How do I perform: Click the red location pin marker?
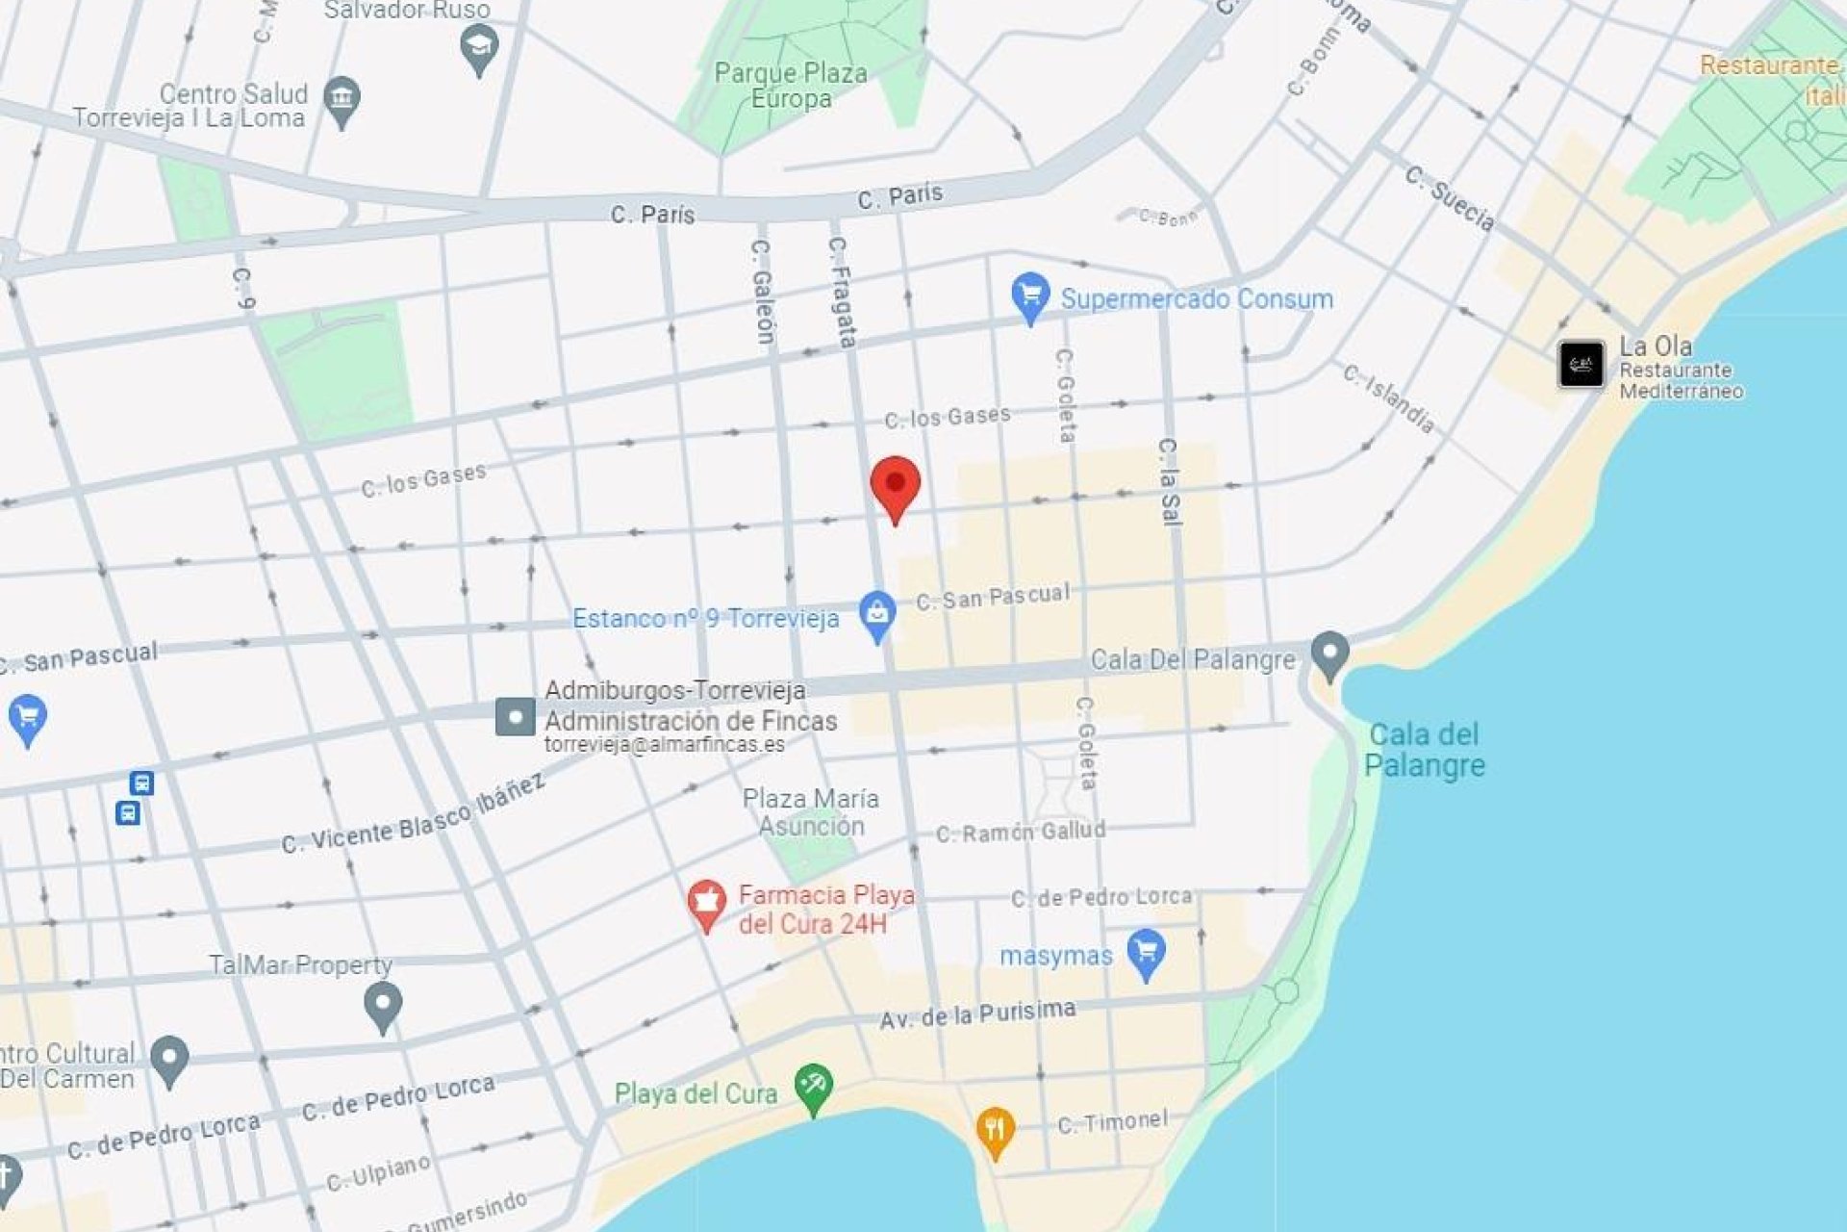(x=895, y=485)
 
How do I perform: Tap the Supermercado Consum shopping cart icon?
(x=1029, y=295)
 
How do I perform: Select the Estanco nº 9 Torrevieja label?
(x=705, y=618)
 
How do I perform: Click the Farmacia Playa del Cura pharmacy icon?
(x=706, y=904)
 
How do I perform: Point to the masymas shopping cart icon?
(x=1146, y=952)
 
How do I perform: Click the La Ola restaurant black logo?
(x=1581, y=365)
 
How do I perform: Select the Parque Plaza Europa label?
(x=790, y=86)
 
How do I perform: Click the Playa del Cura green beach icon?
(x=813, y=1087)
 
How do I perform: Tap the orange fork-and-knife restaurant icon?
(x=995, y=1130)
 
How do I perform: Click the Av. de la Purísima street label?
(x=977, y=1014)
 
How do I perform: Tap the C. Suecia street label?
(x=1450, y=197)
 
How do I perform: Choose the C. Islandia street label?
(x=1389, y=397)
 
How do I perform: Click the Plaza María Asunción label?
(x=810, y=811)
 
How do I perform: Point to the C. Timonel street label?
(x=1112, y=1121)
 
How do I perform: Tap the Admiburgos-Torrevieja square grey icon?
(x=515, y=717)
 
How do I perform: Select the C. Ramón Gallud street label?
(x=1021, y=832)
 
